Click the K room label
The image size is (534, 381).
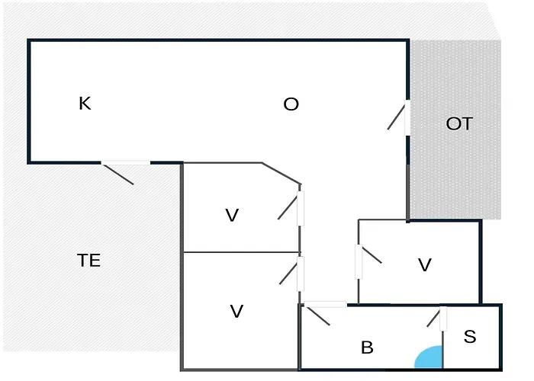coord(85,104)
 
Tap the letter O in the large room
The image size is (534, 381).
coord(291,104)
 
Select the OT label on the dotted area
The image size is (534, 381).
coord(459,123)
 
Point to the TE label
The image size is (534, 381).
coord(89,261)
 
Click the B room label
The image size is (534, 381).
coord(367,348)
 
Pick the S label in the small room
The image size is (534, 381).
coord(470,336)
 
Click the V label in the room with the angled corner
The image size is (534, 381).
coord(232,216)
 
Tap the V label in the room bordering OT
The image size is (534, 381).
coord(425,265)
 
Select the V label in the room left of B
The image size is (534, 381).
coord(236,311)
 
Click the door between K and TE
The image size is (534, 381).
coord(125,163)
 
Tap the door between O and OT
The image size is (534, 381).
coord(407,118)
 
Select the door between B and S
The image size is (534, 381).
coord(442,319)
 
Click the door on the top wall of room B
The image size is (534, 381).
coord(326,305)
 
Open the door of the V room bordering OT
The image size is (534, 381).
coord(358,261)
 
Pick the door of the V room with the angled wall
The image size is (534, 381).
coord(301,207)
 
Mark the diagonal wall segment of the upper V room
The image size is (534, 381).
coord(281,174)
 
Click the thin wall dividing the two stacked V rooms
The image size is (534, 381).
coord(240,252)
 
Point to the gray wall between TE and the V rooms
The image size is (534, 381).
coord(182,267)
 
